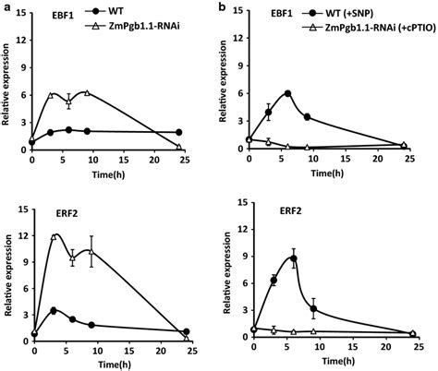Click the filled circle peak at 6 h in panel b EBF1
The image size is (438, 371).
(288, 93)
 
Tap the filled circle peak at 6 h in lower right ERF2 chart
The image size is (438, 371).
(293, 259)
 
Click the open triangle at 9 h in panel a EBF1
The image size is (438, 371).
(86, 92)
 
